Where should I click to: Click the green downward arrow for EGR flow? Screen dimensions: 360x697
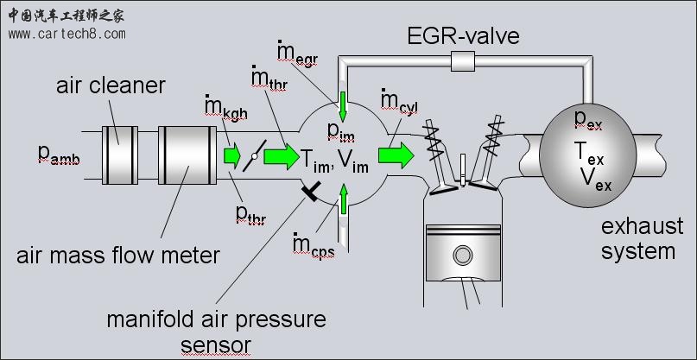tap(343, 105)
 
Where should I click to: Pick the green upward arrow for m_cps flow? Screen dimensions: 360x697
tap(343, 199)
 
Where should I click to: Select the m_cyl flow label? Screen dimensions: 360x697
tap(400, 100)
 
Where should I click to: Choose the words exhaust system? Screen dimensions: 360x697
tap(639, 239)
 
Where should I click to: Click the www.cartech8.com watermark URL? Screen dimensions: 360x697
tap(67, 34)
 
